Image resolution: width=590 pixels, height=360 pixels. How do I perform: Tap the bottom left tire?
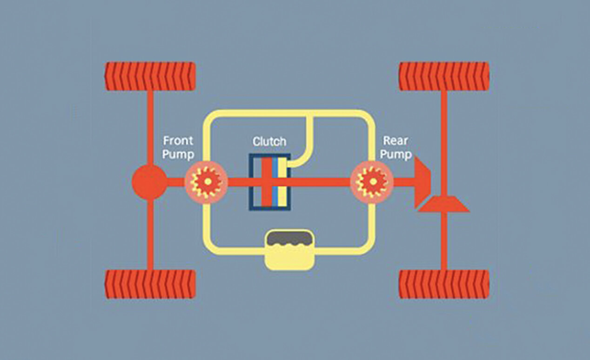point(150,284)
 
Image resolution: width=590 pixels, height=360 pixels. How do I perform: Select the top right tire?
point(444,76)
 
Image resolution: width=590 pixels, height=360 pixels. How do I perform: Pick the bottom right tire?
point(444,284)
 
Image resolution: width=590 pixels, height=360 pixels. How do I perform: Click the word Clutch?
point(269,141)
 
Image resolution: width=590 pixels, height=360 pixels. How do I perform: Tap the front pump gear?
point(206,181)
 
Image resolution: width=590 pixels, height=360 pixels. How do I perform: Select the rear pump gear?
point(371,181)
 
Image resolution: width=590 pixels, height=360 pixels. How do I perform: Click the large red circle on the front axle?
point(149,182)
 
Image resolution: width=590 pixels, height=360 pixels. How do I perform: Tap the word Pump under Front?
point(178,154)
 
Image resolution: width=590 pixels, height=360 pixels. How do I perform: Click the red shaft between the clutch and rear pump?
point(321,182)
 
